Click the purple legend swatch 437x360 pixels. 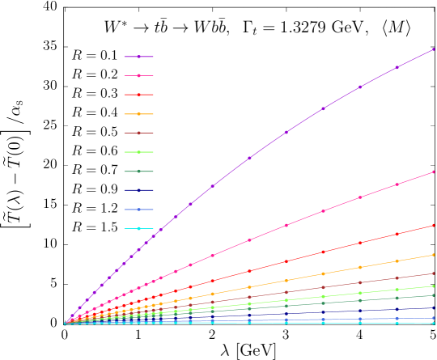tap(138, 57)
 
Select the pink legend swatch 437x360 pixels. tap(138, 76)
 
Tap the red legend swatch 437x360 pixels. tap(138, 95)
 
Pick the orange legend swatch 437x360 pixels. tap(138, 114)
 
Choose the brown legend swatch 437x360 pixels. tap(138, 133)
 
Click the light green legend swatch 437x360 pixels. tap(138, 152)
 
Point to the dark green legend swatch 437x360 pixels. tap(138, 172)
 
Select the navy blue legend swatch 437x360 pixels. tap(138, 190)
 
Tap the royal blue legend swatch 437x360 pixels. tap(138, 210)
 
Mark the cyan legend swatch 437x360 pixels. tap(138, 228)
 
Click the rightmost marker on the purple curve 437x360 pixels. tap(433, 49)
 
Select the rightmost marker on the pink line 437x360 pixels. tap(433, 172)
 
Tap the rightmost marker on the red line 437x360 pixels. tap(433, 226)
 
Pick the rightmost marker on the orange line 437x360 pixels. tap(433, 255)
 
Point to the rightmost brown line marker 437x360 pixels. tap(433, 273)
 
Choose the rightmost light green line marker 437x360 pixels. tap(433, 286)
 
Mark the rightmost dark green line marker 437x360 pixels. tap(433, 295)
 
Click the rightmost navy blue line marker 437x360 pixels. tap(433, 307)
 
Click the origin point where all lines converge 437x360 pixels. tap(66, 324)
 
